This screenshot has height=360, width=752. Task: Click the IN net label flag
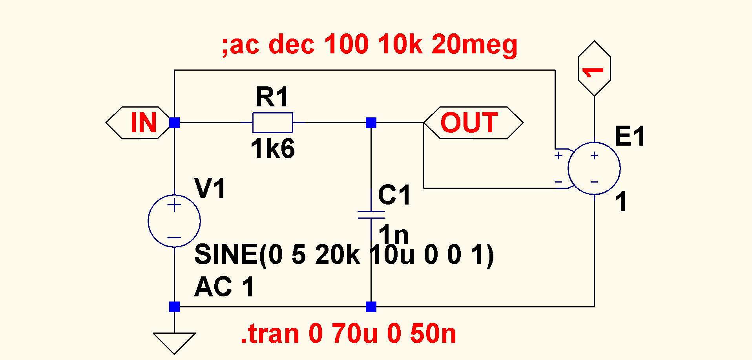pyautogui.click(x=138, y=122)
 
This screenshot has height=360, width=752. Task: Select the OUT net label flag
pyautogui.click(x=473, y=122)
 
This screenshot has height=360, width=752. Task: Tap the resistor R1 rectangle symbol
pyautogui.click(x=272, y=122)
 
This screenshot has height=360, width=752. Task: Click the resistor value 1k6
pyautogui.click(x=272, y=149)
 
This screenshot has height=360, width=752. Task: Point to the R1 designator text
pyautogui.click(x=272, y=97)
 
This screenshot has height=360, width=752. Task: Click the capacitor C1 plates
pyautogui.click(x=371, y=214)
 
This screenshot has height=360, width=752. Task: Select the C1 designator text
pyautogui.click(x=394, y=195)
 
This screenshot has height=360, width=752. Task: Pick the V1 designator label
pyautogui.click(x=210, y=188)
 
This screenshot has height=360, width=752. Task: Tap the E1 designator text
pyautogui.click(x=630, y=136)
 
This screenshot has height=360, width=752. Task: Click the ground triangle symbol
pyautogui.click(x=174, y=344)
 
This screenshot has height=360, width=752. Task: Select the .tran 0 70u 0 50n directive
pyautogui.click(x=349, y=334)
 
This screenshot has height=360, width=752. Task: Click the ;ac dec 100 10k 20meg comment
pyautogui.click(x=369, y=44)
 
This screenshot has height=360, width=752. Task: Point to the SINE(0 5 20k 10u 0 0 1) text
pyautogui.click(x=344, y=255)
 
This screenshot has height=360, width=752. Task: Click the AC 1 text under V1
pyautogui.click(x=224, y=287)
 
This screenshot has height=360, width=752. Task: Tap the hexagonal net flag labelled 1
pyautogui.click(x=594, y=68)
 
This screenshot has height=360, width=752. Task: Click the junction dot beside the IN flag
pyautogui.click(x=174, y=122)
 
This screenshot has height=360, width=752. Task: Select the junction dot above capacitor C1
pyautogui.click(x=371, y=122)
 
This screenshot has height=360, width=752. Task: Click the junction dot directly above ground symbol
pyautogui.click(x=174, y=307)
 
